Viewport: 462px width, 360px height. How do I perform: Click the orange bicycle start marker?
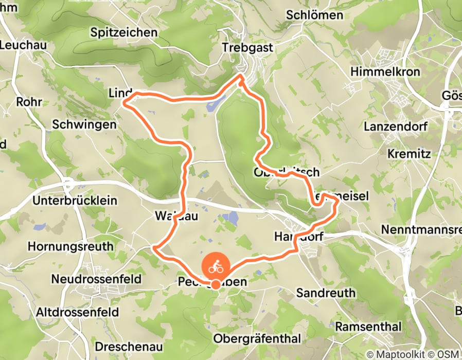click(x=216, y=267)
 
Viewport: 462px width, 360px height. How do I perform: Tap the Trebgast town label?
click(x=246, y=47)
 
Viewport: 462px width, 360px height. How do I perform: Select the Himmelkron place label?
click(x=385, y=71)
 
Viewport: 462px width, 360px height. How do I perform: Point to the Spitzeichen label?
click(x=123, y=32)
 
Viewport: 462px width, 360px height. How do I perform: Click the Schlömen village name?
click(x=315, y=15)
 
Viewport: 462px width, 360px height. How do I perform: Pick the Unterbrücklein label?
click(x=75, y=201)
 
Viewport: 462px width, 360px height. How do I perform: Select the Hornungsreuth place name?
click(x=70, y=246)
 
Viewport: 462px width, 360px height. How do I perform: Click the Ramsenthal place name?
click(x=368, y=327)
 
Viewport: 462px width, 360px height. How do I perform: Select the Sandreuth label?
click(x=326, y=293)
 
